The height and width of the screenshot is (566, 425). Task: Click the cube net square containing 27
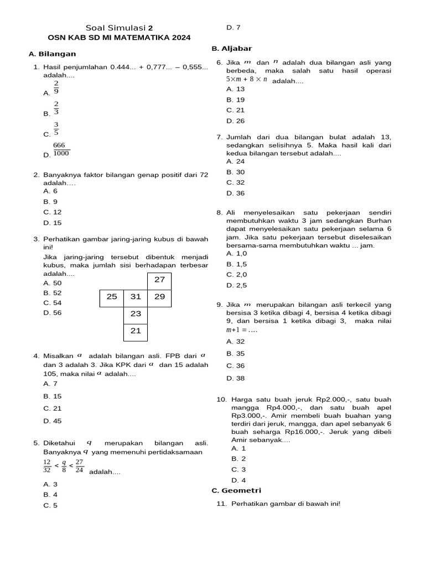(x=159, y=280)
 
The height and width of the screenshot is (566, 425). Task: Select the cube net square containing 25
(x=112, y=297)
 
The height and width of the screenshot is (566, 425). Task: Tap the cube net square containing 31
(x=136, y=297)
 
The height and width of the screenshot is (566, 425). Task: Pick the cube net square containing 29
(x=159, y=297)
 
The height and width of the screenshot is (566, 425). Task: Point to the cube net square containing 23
(x=136, y=314)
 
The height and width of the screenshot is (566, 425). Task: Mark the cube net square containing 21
(x=136, y=331)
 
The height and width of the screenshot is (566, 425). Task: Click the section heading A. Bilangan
(x=52, y=54)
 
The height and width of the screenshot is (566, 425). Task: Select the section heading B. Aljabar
(x=231, y=49)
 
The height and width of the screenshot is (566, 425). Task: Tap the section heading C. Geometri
(x=236, y=490)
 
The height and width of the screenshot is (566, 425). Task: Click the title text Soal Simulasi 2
(x=120, y=28)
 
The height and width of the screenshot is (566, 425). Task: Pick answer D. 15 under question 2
(x=53, y=223)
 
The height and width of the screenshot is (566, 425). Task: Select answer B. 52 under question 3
(x=53, y=293)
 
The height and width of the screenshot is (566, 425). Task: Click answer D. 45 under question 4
(x=53, y=421)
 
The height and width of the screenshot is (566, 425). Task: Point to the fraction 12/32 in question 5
(x=47, y=466)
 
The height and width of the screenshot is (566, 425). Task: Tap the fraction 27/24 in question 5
(x=79, y=466)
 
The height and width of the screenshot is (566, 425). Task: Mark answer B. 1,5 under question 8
(x=236, y=264)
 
